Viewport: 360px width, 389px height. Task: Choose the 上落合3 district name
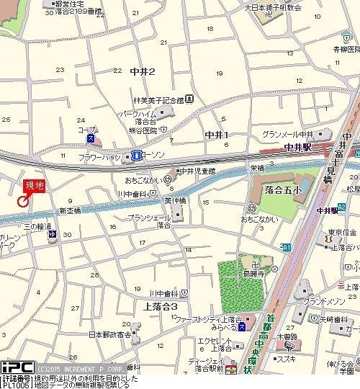point(150,307)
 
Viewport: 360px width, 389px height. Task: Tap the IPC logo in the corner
point(12,367)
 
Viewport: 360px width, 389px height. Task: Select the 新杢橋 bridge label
point(69,211)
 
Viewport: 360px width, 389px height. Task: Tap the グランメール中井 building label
point(287,135)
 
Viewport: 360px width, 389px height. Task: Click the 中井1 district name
point(216,135)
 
